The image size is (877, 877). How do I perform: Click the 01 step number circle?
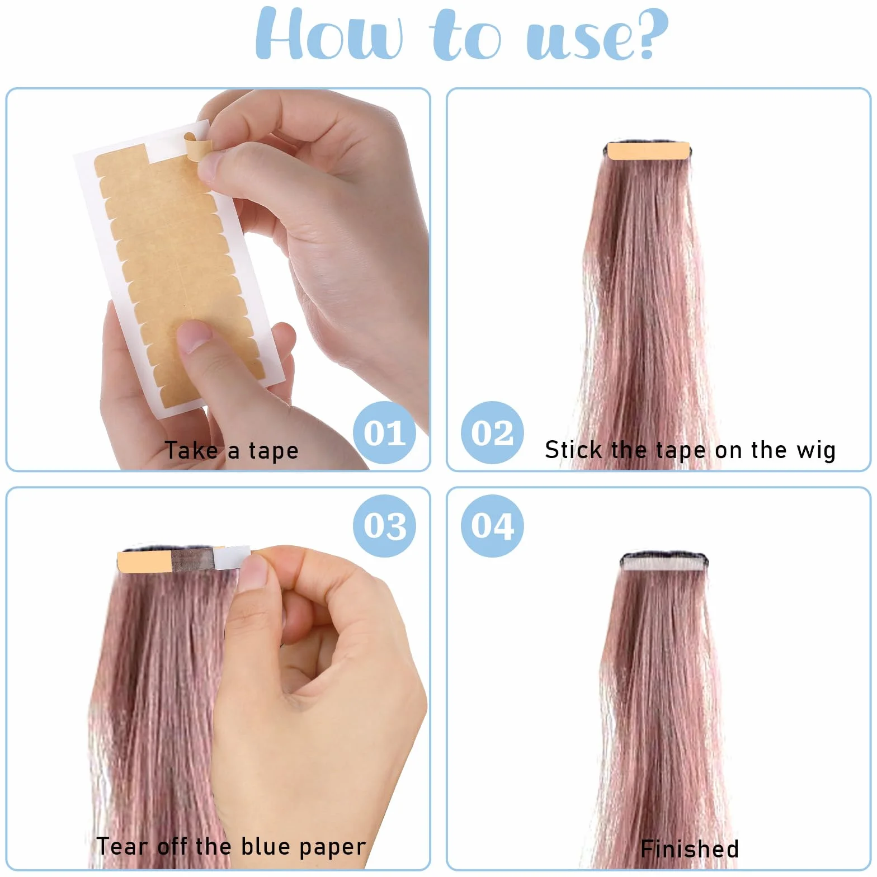coord(384,432)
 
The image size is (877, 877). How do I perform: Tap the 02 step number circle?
coord(492,432)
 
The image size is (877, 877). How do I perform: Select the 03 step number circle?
coord(384,526)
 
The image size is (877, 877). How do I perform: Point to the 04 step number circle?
coord(492,526)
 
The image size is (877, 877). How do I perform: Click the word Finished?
coord(690,849)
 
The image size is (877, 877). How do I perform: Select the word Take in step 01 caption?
coord(191,450)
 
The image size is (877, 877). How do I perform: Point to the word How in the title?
coord(329,34)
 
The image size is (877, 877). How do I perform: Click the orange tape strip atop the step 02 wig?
coord(648,151)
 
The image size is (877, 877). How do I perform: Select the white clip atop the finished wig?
coord(664,563)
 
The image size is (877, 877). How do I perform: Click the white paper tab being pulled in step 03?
coord(232,557)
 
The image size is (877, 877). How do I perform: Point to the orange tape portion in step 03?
coord(144,562)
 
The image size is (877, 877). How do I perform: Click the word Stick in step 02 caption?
coord(573,450)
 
